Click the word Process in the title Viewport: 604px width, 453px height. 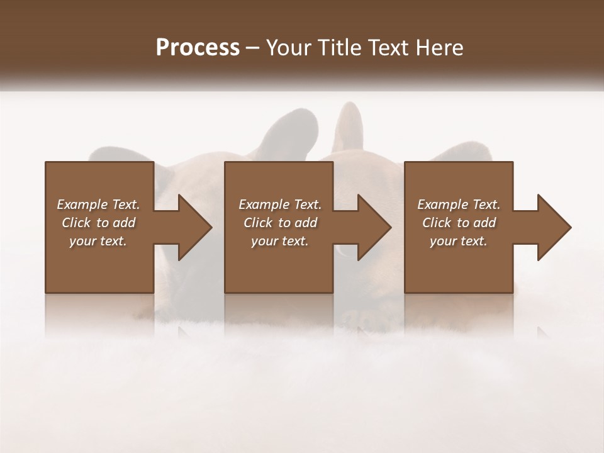point(198,48)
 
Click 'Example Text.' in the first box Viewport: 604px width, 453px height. point(98,204)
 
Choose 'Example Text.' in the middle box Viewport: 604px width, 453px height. point(280,204)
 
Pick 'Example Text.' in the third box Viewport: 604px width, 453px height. point(459,204)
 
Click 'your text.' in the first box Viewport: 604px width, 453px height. point(98,241)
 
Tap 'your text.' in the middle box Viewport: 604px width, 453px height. point(280,241)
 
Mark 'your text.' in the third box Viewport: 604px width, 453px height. point(459,241)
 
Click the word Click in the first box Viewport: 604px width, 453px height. point(76,223)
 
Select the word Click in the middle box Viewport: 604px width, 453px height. point(258,223)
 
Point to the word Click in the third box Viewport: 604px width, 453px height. point(437,223)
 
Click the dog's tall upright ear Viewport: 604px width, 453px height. point(350,126)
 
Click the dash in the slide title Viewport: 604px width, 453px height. point(253,48)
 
